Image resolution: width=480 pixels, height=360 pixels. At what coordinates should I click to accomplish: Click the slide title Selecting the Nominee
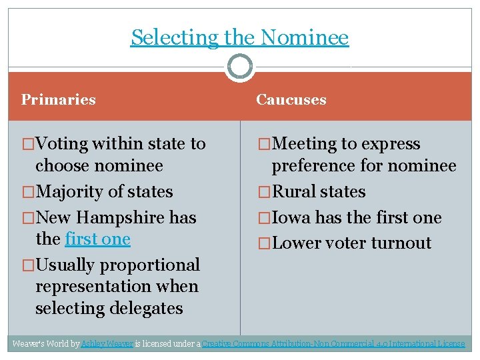coord(239,37)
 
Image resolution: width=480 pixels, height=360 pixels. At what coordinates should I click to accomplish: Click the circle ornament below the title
coord(239,67)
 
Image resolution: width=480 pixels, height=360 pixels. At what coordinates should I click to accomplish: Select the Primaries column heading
coord(59,100)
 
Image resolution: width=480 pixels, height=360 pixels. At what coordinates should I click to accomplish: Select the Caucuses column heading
coord(291,100)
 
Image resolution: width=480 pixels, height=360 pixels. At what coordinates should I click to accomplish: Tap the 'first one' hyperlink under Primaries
coord(98,239)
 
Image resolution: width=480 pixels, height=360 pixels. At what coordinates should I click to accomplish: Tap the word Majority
coord(72,192)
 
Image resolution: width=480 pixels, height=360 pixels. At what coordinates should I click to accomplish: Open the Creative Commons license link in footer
coord(333,344)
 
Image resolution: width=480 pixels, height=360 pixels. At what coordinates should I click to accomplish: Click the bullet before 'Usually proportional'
coord(28,265)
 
